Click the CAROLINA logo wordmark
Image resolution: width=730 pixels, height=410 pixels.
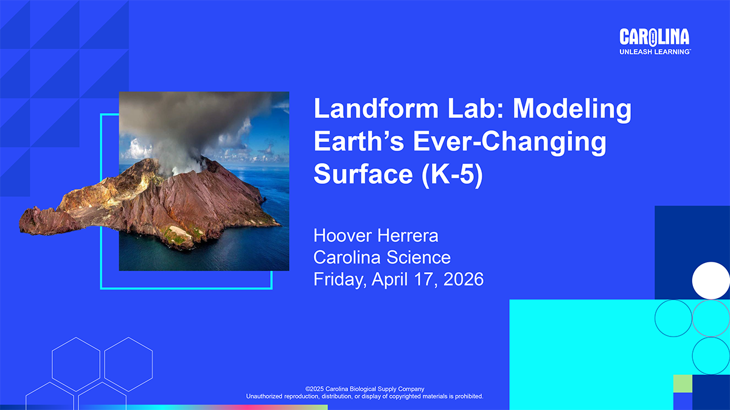[655, 37]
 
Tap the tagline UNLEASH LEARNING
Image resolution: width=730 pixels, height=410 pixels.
[655, 52]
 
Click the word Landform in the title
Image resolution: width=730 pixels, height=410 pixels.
[376, 108]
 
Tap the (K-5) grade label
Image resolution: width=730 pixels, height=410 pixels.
[452, 175]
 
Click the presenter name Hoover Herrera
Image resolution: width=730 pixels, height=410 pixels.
[376, 235]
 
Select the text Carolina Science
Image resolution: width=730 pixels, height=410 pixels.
[382, 258]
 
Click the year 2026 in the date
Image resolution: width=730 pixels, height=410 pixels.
[464, 279]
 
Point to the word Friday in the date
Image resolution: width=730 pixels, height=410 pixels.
[340, 280]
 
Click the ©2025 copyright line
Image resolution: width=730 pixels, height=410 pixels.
[364, 389]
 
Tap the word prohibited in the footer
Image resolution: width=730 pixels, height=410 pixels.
[468, 396]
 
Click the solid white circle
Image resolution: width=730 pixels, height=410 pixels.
[711, 281]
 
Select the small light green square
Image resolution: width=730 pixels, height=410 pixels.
[683, 384]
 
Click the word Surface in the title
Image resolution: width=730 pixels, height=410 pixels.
[363, 174]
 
